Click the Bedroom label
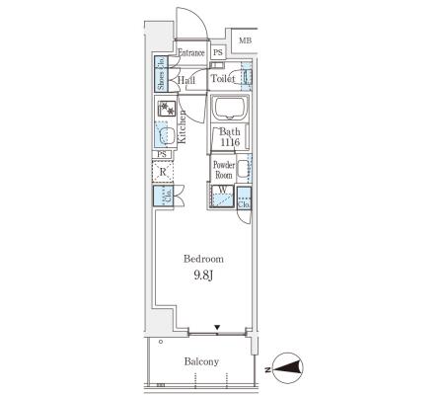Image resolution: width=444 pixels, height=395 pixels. (x=203, y=259)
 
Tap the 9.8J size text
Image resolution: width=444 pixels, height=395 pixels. (x=203, y=276)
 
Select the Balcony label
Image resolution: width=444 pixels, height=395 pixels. (x=201, y=361)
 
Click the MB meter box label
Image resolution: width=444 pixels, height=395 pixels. (x=246, y=40)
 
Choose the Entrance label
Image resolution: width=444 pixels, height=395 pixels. (x=191, y=52)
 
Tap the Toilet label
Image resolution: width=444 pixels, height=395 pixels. (x=223, y=79)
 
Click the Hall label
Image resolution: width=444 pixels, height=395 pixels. (x=186, y=80)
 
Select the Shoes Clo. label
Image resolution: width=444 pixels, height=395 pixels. (x=161, y=74)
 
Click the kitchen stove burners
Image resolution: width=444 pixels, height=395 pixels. (x=167, y=109)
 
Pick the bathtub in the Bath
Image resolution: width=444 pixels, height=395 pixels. (x=229, y=108)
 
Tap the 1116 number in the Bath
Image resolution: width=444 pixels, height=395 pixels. (x=230, y=143)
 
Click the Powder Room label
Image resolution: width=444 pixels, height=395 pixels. (x=224, y=170)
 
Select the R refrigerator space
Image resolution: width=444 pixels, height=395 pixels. (x=163, y=172)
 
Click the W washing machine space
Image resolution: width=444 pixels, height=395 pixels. (x=222, y=197)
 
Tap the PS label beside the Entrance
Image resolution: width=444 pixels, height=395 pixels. (x=218, y=52)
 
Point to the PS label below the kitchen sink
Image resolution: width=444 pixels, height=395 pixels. (x=162, y=154)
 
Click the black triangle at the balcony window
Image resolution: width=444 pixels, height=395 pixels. (x=217, y=327)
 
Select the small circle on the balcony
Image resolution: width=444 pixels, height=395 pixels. (x=161, y=342)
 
